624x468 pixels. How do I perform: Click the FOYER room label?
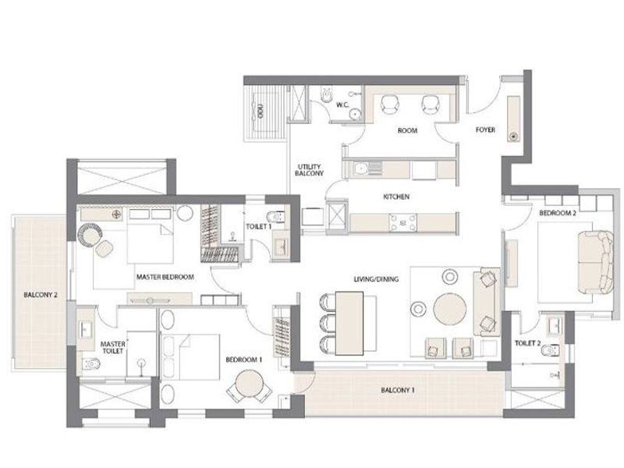[x=485, y=129]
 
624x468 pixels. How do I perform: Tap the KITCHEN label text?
[x=396, y=197]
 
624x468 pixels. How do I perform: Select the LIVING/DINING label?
[x=376, y=279]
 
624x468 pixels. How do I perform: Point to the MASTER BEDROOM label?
[x=165, y=277]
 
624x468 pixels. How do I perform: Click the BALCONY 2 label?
[x=41, y=295]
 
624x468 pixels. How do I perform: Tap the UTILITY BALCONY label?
[x=309, y=170]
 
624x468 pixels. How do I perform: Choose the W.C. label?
[x=342, y=105]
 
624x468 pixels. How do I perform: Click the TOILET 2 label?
[x=528, y=343]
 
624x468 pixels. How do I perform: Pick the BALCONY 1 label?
[x=398, y=390]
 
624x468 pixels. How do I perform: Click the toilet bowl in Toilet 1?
[x=275, y=217]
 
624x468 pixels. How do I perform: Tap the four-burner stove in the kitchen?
[x=402, y=223]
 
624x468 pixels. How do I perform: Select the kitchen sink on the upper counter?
[x=361, y=168]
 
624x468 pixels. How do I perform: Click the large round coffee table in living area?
[x=450, y=310]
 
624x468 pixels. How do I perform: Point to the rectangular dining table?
[x=349, y=323]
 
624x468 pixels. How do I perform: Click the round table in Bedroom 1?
[x=249, y=384]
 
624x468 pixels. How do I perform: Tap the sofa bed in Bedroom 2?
[x=595, y=262]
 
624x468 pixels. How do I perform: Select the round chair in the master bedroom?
[x=90, y=235]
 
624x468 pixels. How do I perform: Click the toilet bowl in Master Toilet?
[x=90, y=363]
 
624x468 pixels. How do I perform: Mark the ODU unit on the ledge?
[x=261, y=110]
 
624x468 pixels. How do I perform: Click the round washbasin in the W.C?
[x=355, y=114]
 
